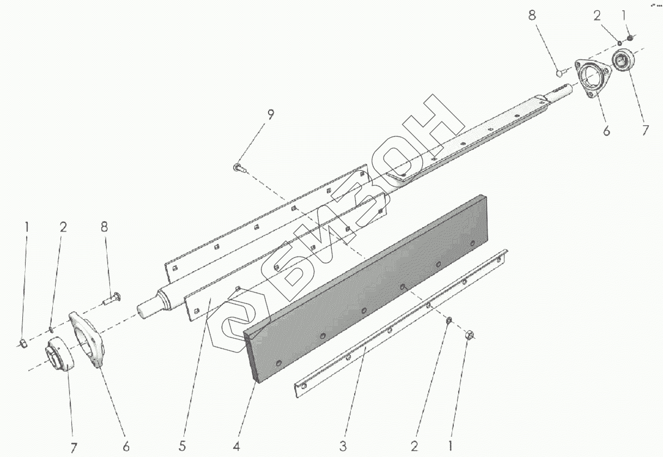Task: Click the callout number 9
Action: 271,115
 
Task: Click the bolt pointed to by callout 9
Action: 239,168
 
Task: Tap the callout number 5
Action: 184,446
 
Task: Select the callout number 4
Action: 236,446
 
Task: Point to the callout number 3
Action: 343,446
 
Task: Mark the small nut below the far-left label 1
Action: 23,343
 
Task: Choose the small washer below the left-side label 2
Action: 51,328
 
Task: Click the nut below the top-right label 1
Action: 630,38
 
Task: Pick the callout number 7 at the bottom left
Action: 73,448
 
